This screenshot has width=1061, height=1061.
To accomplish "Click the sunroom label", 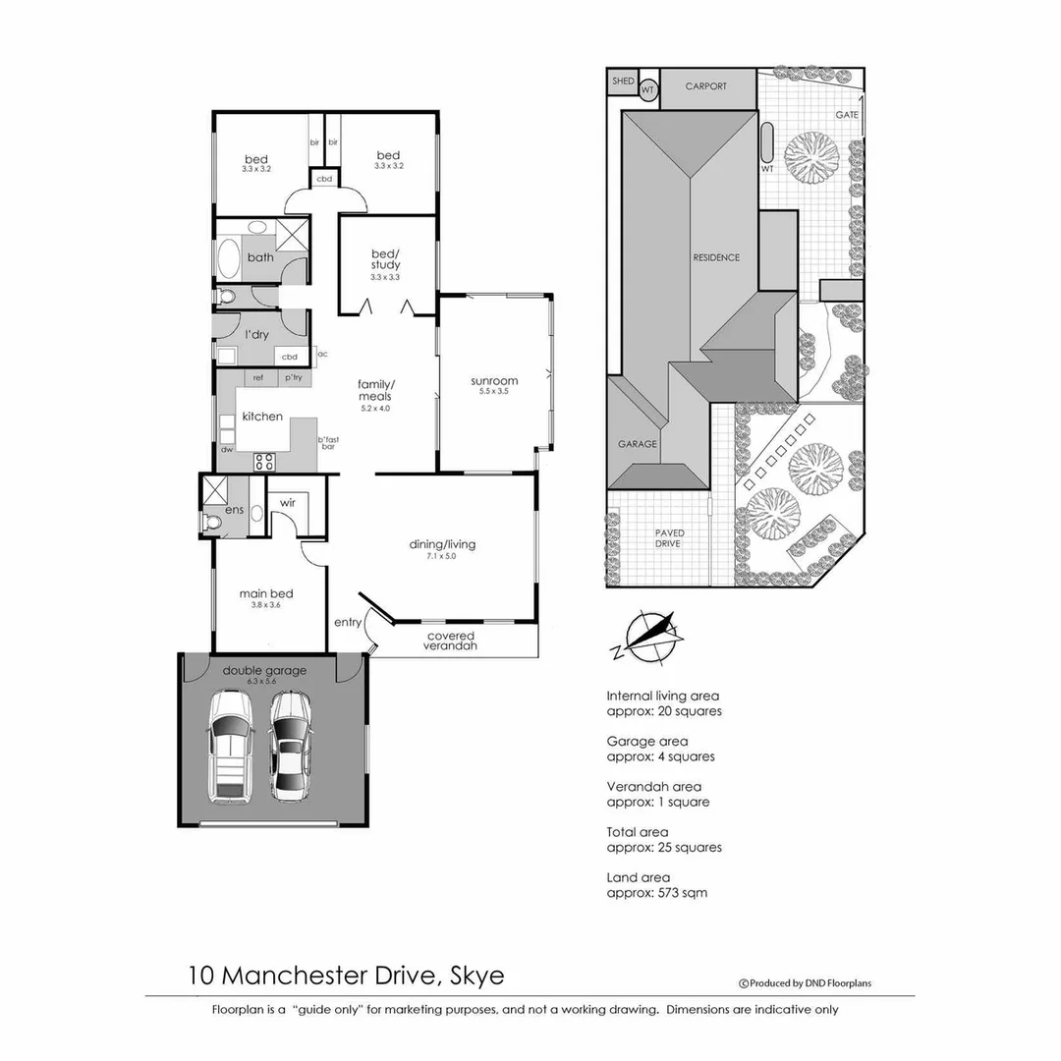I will pos(494,381).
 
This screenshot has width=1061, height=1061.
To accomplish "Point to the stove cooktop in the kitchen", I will pos(264,461).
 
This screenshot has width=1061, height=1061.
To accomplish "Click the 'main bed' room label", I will pos(266,593).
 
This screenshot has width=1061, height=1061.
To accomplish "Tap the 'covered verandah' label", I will pos(451,641).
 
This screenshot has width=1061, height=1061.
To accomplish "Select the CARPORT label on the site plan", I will pos(706,86).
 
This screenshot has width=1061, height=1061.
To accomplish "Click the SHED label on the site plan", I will pos(623,82).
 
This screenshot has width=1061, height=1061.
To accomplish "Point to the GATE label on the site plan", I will pos(847,115).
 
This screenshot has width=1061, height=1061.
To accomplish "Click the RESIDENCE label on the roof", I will pos(716,258).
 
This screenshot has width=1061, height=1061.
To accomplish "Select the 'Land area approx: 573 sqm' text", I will pos(656,885).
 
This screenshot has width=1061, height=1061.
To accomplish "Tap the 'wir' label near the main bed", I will pos(288,502).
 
